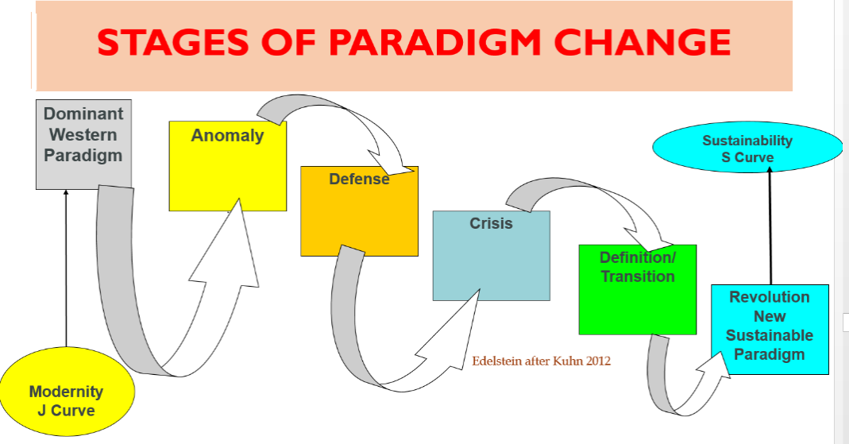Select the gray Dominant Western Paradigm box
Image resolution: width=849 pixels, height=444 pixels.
tap(83, 145)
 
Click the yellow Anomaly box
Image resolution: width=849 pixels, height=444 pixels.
tap(227, 167)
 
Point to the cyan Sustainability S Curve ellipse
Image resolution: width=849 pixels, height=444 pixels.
tap(747, 149)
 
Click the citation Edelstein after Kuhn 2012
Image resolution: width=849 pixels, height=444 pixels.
tap(542, 361)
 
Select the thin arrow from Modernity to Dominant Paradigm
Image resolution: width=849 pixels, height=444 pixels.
tap(66, 270)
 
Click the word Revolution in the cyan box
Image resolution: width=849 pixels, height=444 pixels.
tap(770, 297)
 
